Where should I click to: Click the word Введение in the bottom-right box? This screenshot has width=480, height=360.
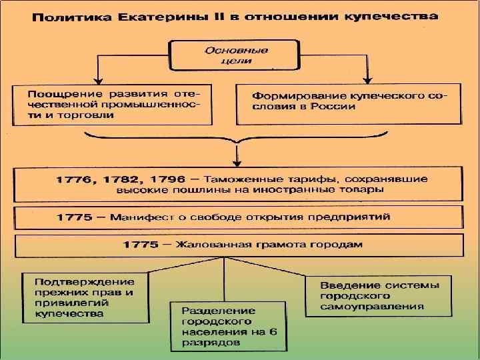pos(344,285)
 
